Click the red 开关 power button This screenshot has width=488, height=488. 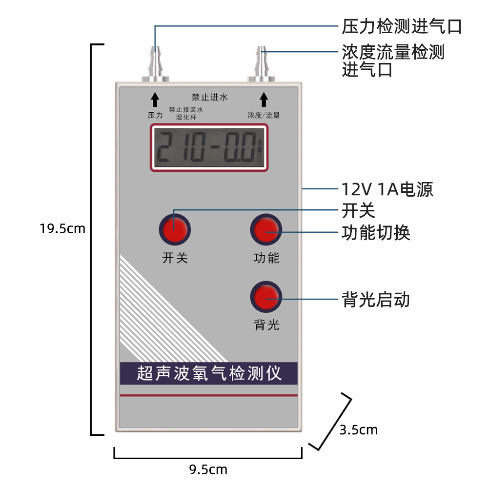(174, 229)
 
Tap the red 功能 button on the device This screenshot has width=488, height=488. (266, 229)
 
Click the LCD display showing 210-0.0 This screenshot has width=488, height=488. (209, 148)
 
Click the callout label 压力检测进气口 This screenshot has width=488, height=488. (401, 26)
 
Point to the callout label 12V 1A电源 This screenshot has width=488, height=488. (387, 189)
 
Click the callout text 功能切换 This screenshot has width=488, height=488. (376, 233)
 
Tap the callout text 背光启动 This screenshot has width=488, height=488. (376, 299)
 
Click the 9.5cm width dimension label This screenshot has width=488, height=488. (208, 469)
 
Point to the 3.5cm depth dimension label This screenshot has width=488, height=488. (359, 429)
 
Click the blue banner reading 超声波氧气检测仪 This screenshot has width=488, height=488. (209, 373)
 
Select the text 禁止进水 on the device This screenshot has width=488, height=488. (209, 97)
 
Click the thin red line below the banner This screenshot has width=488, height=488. (209, 395)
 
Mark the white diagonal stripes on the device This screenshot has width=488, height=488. (156, 312)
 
